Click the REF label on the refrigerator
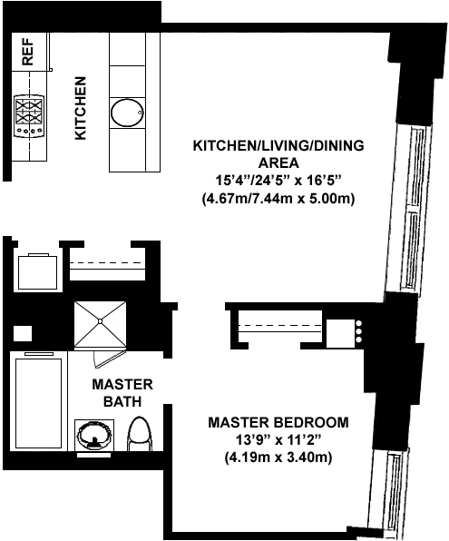click(28, 52)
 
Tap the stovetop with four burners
click(29, 116)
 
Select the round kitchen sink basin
click(127, 113)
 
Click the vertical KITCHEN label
click(81, 108)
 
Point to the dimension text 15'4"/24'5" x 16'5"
click(278, 181)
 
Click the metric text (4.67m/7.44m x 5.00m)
click(278, 199)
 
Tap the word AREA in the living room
click(278, 162)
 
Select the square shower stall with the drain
click(100, 323)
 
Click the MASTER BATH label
click(122, 393)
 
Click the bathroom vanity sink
click(94, 436)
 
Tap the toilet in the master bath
click(140, 434)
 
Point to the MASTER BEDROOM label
click(278, 422)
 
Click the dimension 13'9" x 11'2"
click(278, 440)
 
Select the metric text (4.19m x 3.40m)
click(278, 457)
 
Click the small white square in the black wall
click(23, 334)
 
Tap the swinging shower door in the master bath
click(108, 359)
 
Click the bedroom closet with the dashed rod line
click(279, 327)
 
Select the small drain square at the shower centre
click(100, 320)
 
